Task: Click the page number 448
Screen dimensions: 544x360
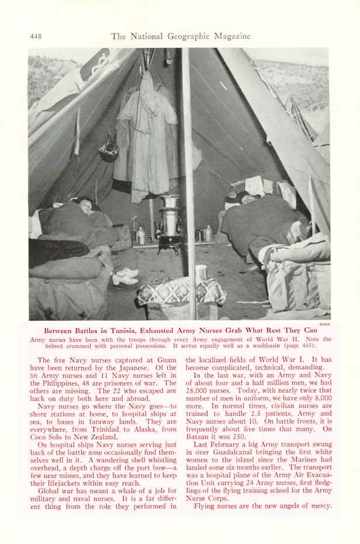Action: pos(35,36)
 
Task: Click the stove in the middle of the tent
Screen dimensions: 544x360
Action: pos(171,225)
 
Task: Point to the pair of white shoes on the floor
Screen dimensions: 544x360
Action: pos(126,276)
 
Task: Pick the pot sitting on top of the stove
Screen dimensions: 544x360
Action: pos(171,201)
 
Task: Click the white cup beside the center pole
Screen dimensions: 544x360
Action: pos(202,272)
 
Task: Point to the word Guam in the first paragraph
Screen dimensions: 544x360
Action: pos(166,360)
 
